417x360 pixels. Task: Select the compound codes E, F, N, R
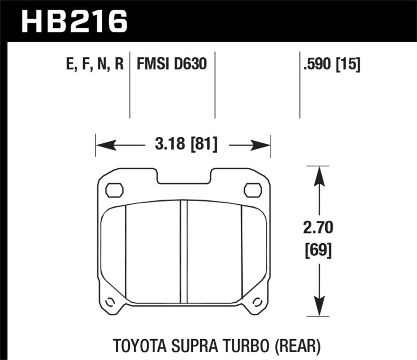tap(91, 64)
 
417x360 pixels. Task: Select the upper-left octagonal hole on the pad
tap(114, 190)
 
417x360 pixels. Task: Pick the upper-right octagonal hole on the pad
tap(253, 190)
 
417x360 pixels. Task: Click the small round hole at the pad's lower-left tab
tap(110, 301)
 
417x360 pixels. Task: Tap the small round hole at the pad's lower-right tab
tap(257, 301)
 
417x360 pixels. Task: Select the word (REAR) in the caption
tap(299, 345)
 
